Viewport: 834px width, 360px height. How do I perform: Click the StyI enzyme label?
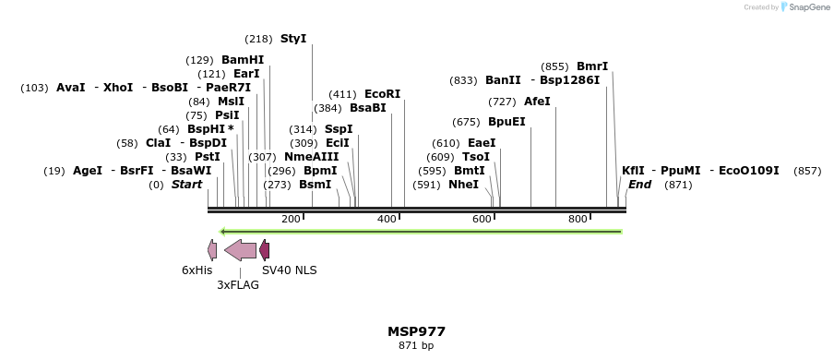point(292,39)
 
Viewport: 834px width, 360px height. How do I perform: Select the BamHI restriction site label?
point(242,60)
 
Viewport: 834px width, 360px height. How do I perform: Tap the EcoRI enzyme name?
point(382,94)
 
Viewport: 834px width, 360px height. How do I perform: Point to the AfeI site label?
point(537,102)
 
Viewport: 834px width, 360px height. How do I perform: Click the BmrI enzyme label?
point(592,66)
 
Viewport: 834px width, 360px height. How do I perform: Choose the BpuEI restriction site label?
point(506,122)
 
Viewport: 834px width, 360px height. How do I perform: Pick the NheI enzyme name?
point(463,185)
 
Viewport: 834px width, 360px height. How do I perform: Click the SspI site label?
point(339,129)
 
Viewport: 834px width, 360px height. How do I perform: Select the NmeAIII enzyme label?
point(311,157)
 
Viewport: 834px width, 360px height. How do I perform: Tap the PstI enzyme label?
point(207,157)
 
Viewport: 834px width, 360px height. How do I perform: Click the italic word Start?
point(186,185)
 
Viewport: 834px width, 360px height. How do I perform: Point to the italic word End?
point(639,185)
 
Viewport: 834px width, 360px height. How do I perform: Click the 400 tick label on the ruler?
point(387,219)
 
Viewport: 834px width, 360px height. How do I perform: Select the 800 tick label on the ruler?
point(578,219)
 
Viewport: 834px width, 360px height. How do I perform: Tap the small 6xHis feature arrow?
point(212,249)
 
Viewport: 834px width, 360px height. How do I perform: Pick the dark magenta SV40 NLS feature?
point(264,249)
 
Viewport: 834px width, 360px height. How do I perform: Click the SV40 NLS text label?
point(289,270)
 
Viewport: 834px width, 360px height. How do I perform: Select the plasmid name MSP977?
point(416,331)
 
